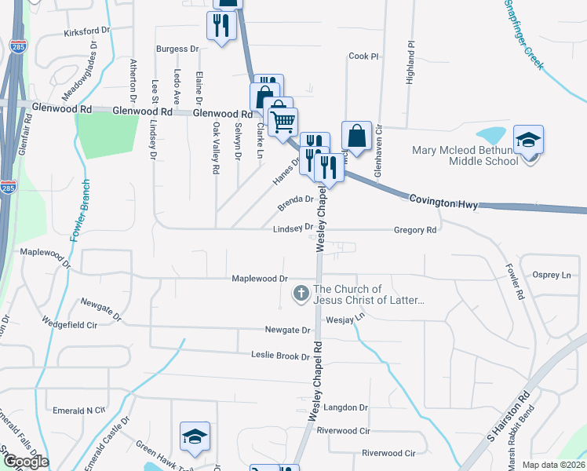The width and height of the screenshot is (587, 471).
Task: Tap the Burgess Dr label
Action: [x=177, y=49]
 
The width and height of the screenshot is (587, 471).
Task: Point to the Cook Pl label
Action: [x=363, y=57]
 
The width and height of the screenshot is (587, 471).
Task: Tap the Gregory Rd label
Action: [x=415, y=230]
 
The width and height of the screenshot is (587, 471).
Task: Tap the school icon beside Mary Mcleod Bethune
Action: [x=529, y=140]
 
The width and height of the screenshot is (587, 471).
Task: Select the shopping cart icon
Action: [x=283, y=120]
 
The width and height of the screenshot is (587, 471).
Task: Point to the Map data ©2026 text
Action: [x=554, y=465]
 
